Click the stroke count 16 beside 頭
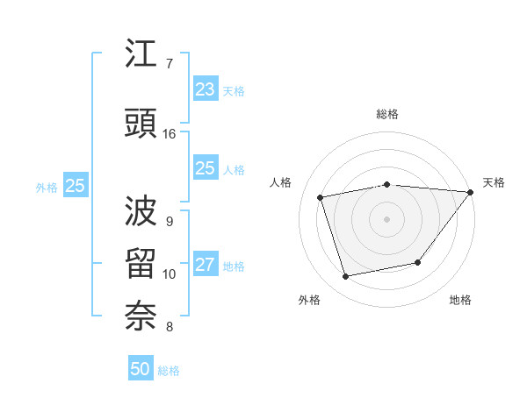click(x=170, y=134)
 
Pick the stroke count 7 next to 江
click(x=170, y=63)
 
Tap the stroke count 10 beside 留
click(x=170, y=274)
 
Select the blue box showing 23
click(x=205, y=89)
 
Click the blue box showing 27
click(x=205, y=265)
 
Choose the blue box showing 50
click(x=141, y=369)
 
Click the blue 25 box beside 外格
click(x=75, y=185)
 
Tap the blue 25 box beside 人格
click(x=205, y=168)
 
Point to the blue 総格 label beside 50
click(x=169, y=371)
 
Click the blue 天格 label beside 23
click(x=233, y=90)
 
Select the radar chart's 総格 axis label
click(x=387, y=114)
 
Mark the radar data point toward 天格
click(x=471, y=192)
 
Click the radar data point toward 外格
click(x=346, y=277)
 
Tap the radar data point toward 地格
click(x=418, y=262)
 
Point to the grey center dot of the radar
click(x=386, y=218)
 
